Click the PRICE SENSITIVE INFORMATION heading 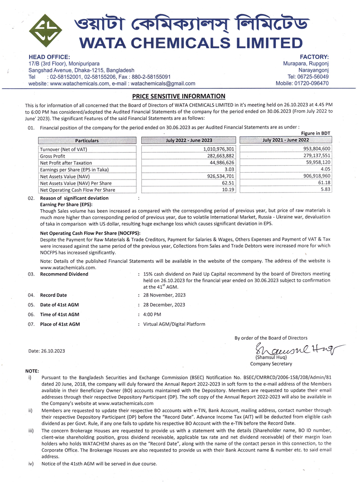tap(178, 96)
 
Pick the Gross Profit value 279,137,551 tap(314, 156)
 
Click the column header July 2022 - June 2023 tap(189, 140)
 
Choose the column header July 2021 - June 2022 tap(285, 140)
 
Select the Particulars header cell tap(87, 140)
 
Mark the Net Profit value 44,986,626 tap(220, 162)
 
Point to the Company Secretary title tap(271, 364)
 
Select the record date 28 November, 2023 tap(164, 295)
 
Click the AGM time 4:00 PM tap(152, 314)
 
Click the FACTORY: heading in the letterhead tap(314, 57)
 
